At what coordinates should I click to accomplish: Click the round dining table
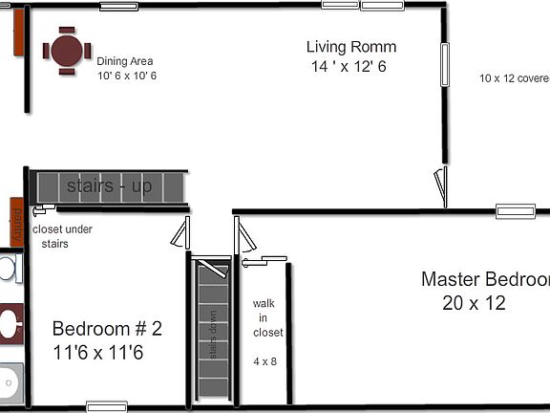pyautogui.click(x=67, y=52)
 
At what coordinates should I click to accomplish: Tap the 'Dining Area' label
pyautogui.click(x=125, y=61)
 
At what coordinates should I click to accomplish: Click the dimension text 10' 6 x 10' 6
pyautogui.click(x=127, y=76)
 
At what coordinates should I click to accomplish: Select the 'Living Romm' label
pyautogui.click(x=351, y=47)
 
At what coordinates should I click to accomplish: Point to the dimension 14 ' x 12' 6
pyautogui.click(x=349, y=67)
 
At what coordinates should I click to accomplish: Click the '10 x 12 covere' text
pyautogui.click(x=514, y=78)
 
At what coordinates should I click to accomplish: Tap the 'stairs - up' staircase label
pyautogui.click(x=109, y=185)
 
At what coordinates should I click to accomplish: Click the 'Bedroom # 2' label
pyautogui.click(x=107, y=329)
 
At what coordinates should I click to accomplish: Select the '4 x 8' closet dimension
pyautogui.click(x=264, y=361)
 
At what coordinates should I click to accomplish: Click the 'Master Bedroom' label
pyautogui.click(x=485, y=279)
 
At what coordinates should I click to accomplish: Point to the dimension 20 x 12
pyautogui.click(x=474, y=304)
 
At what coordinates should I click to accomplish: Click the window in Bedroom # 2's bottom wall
pyautogui.click(x=107, y=406)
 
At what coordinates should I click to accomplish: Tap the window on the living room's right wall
pyautogui.click(x=444, y=64)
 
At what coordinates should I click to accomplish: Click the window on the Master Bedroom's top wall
pyautogui.click(x=515, y=211)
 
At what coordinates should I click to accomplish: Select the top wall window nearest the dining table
pyautogui.click(x=118, y=7)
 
